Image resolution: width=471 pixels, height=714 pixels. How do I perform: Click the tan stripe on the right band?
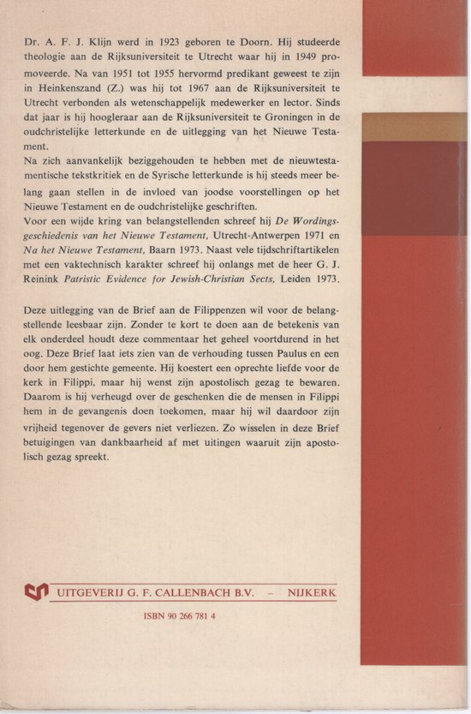click(414, 127)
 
